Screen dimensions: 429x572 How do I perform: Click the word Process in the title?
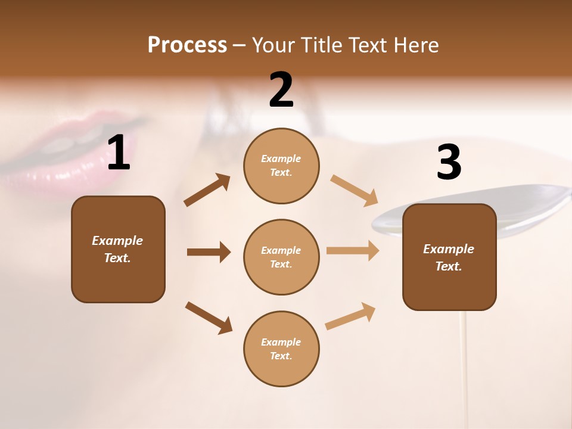click(187, 45)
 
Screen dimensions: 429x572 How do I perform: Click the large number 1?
click(118, 153)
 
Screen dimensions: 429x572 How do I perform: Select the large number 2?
click(281, 90)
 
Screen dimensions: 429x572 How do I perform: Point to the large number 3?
click(449, 163)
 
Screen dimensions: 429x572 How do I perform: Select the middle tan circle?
click(281, 257)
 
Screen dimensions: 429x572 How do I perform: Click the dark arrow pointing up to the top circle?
click(207, 190)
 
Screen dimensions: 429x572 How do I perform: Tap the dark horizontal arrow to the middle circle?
click(209, 252)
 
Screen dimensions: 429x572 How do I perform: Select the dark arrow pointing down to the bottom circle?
click(209, 318)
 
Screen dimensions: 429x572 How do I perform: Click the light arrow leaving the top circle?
click(354, 190)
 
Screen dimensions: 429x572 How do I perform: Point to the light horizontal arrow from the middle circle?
click(352, 250)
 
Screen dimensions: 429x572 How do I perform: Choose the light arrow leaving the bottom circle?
click(350, 316)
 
